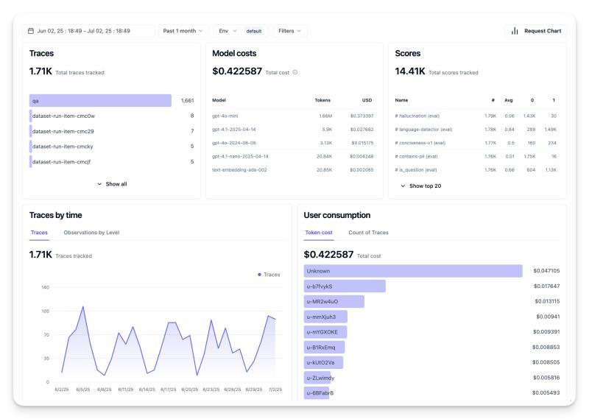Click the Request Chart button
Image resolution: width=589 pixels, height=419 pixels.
point(535,31)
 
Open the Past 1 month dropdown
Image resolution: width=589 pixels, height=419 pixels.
point(183,31)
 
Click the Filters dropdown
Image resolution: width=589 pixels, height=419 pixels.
point(290,31)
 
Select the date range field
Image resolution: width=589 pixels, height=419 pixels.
point(89,31)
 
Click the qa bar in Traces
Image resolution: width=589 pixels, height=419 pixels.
point(100,100)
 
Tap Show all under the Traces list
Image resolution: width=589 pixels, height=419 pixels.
point(112,184)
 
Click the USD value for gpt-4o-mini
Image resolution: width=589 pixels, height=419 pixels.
point(361,116)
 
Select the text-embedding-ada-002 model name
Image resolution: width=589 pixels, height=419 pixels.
point(239,169)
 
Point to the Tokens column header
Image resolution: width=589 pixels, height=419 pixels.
point(322,100)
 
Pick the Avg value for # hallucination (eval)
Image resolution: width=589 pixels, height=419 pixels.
point(509,116)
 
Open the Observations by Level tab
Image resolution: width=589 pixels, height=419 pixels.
point(91,233)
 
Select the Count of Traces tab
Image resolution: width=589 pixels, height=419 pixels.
point(368,233)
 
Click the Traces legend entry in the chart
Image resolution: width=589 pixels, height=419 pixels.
point(269,275)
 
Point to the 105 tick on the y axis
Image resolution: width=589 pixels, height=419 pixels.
point(45,311)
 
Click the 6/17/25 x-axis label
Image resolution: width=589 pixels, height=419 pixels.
point(168,389)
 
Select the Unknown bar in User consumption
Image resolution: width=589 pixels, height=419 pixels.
point(412,271)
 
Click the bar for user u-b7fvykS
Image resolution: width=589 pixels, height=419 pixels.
point(345,286)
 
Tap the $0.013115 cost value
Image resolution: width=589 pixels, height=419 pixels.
point(547,301)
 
